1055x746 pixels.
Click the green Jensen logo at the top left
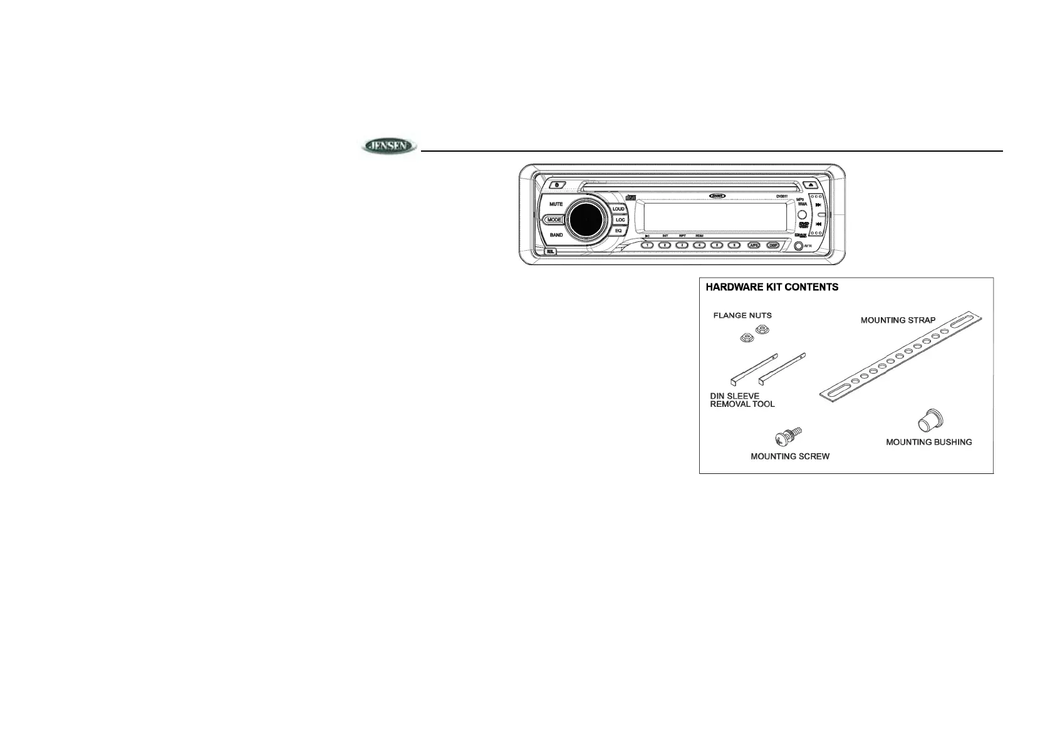(x=388, y=147)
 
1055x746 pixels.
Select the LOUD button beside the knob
(x=618, y=209)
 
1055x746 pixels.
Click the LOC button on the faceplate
(x=620, y=220)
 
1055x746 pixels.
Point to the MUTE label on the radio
(x=556, y=204)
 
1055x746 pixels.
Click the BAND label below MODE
(x=556, y=235)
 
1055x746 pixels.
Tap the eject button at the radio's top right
(x=811, y=185)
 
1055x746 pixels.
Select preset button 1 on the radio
(x=648, y=245)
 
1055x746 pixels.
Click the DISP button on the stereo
(x=772, y=245)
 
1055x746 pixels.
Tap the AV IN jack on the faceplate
(x=798, y=246)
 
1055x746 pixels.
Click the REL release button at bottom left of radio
(x=551, y=251)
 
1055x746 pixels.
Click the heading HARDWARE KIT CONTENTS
(x=772, y=288)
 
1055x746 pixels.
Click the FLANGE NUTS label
(x=742, y=315)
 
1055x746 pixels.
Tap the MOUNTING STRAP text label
(x=898, y=320)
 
